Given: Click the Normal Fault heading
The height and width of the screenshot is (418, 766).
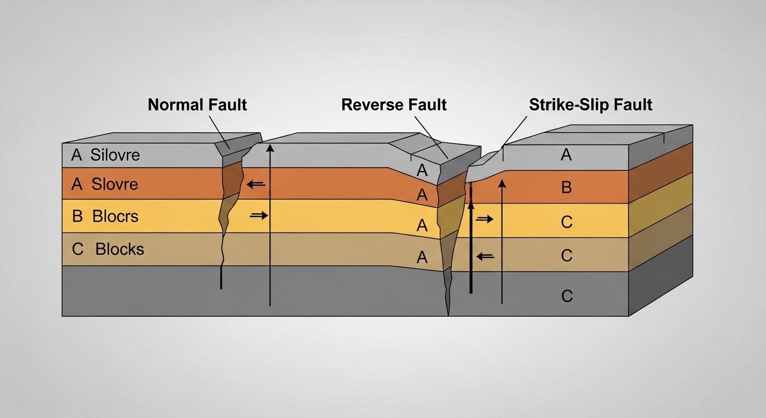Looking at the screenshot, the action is (197, 104).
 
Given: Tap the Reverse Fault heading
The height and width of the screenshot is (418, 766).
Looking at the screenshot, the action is (394, 104).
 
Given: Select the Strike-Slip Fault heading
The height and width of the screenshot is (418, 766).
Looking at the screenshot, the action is (591, 104).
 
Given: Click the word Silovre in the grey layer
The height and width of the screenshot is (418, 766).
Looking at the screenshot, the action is (115, 155).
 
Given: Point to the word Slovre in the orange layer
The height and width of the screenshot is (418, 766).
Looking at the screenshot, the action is (115, 185).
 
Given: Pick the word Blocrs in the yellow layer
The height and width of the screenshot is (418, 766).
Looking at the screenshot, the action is (115, 217).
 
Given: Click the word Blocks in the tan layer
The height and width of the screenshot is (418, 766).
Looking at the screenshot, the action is (119, 249).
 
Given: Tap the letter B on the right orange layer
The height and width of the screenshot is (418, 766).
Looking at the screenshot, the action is (566, 187).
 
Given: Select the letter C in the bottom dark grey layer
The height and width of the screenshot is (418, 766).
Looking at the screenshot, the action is (567, 296).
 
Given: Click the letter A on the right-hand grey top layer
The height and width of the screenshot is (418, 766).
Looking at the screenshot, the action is (566, 155).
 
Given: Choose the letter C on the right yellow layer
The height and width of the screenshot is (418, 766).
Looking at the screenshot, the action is (567, 222).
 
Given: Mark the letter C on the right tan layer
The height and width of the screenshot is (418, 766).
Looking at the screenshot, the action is (567, 255).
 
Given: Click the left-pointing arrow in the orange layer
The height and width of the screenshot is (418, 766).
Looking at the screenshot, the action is (256, 185).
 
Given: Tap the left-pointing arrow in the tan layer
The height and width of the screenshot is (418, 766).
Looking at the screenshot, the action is (485, 256).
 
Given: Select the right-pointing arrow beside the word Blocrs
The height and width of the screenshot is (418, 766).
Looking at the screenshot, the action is (259, 216).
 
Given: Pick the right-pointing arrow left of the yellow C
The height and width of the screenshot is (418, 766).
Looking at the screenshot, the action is (485, 219).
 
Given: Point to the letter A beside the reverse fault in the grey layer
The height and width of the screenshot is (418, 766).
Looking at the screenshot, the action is (422, 170).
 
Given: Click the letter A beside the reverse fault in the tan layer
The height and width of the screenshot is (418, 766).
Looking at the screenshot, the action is (422, 257).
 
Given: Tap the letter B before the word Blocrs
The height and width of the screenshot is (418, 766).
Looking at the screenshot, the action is (77, 217).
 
